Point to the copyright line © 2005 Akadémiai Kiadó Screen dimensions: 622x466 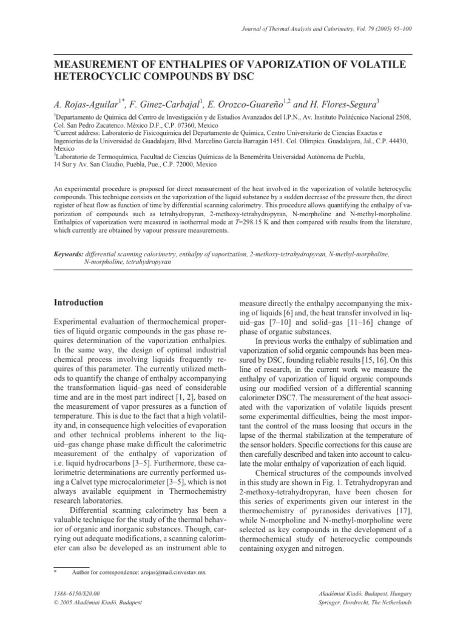[98, 603]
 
